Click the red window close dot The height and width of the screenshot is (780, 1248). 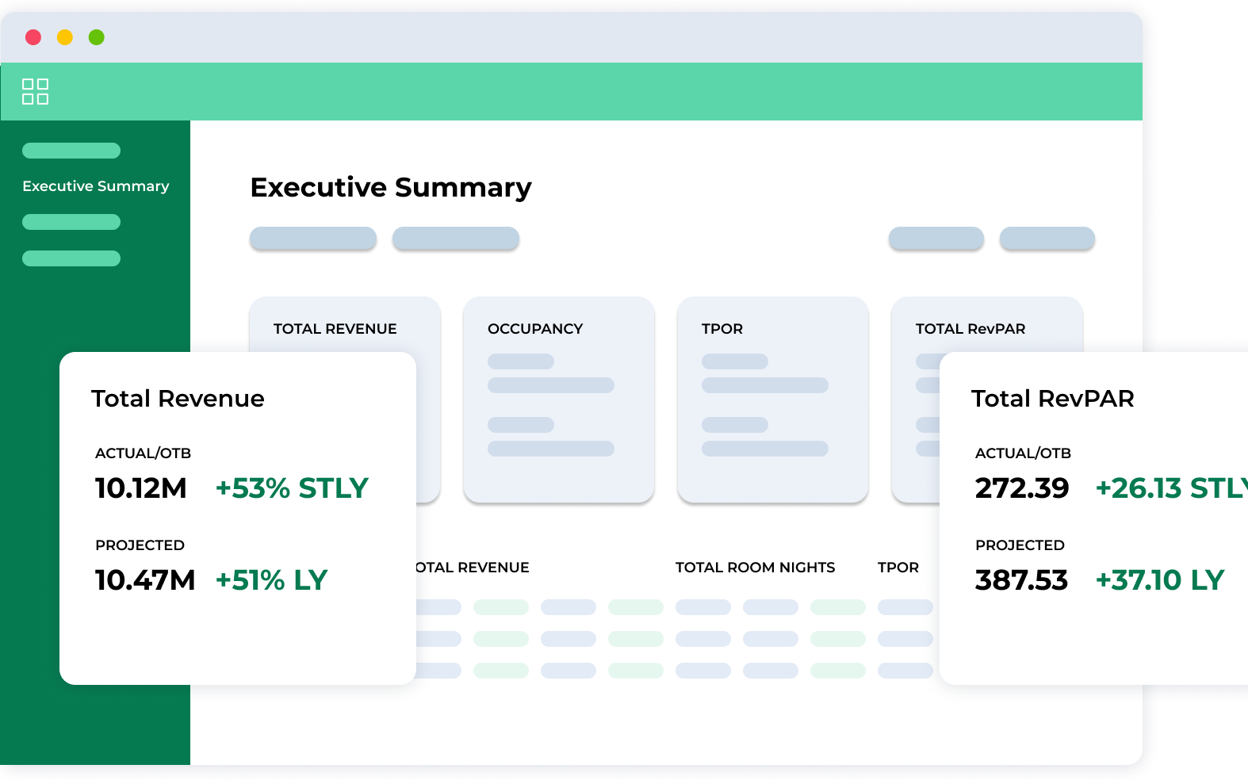(x=33, y=37)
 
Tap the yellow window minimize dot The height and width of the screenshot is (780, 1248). (x=65, y=37)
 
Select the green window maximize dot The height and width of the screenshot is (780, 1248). (x=97, y=37)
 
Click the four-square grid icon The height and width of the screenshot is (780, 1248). (x=35, y=91)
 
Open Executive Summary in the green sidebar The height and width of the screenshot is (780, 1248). (x=95, y=186)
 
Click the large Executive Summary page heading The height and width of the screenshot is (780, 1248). (x=391, y=188)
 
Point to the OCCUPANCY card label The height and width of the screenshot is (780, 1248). (x=535, y=329)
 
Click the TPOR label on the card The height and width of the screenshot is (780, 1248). (x=722, y=329)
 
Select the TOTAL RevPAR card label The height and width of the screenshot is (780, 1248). (x=970, y=329)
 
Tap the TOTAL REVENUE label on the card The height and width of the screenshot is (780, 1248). (x=335, y=329)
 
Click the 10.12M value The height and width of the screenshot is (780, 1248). (x=141, y=488)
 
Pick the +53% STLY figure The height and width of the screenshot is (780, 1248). (x=292, y=488)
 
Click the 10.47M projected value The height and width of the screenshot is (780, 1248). (x=145, y=580)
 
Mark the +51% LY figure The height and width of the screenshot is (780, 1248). (x=271, y=580)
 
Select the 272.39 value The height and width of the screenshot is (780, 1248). (x=1022, y=488)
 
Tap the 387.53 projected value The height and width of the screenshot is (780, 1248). (x=1021, y=580)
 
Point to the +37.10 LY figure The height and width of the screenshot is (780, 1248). (x=1159, y=580)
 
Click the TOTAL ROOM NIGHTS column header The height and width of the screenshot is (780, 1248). (x=755, y=568)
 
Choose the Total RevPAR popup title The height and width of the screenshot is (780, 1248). (x=1052, y=399)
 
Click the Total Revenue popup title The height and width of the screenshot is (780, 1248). (x=178, y=399)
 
